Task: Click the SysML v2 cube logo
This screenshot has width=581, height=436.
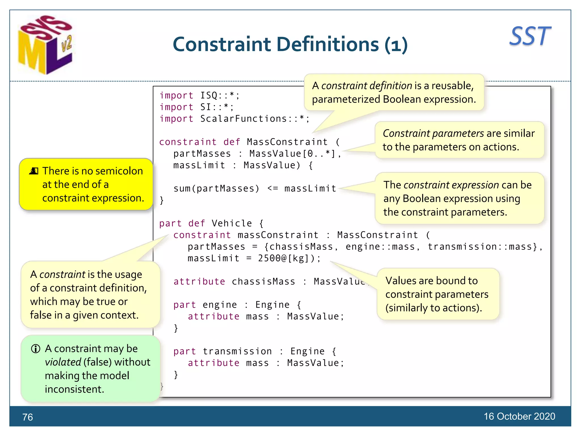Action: [x=45, y=45]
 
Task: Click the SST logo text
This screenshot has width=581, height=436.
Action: [x=530, y=36]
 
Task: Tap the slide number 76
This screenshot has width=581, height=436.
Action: [x=28, y=417]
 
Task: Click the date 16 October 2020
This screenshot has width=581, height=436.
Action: [x=519, y=416]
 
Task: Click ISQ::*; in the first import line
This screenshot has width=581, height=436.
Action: [x=220, y=95]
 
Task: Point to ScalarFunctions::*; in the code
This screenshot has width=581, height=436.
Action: [x=255, y=119]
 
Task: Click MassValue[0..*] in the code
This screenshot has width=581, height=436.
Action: [x=292, y=154]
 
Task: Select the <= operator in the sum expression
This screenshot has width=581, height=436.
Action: [x=273, y=188]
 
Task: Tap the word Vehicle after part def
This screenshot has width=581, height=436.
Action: [x=232, y=223]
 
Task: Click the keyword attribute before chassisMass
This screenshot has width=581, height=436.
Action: [x=199, y=282]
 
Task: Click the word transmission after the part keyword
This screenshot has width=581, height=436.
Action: [x=237, y=351]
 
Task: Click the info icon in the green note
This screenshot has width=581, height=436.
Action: [x=36, y=349]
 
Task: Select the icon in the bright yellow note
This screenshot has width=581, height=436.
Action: [x=34, y=171]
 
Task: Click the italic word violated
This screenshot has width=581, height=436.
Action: [x=63, y=362]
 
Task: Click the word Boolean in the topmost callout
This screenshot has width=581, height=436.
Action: [x=400, y=99]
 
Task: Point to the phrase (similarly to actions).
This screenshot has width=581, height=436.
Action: [x=433, y=308]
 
